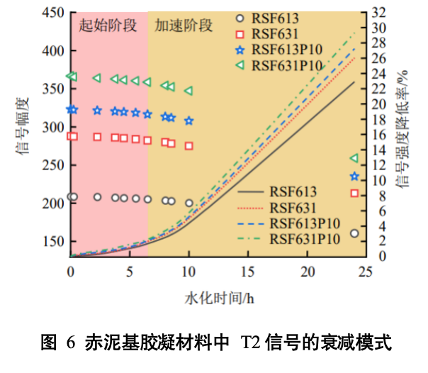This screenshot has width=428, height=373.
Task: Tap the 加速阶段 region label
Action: (184, 26)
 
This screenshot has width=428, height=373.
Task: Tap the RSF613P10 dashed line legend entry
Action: (298, 223)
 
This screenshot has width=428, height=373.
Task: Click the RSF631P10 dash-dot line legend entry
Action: (298, 239)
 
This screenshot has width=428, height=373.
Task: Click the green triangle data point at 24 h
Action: (354, 158)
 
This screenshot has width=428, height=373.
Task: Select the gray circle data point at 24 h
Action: (354, 233)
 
